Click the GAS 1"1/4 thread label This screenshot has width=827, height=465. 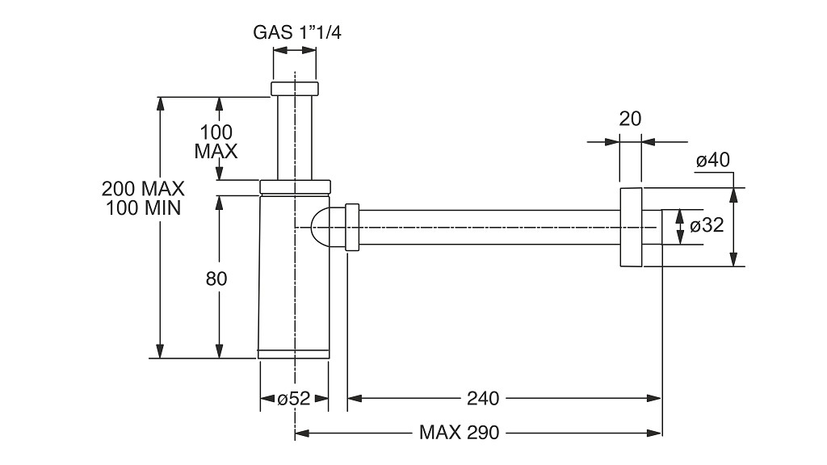297,32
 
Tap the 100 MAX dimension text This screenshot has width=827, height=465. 216,141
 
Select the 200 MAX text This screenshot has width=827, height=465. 143,188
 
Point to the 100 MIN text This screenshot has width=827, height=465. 143,207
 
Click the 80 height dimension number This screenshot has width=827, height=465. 216,279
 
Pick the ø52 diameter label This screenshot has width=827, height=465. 294,399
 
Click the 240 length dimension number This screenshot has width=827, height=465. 483,399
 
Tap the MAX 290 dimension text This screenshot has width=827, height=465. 459,433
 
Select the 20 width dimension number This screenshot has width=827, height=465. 630,119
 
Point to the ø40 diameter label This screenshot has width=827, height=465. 712,160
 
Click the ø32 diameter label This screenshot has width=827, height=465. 707,226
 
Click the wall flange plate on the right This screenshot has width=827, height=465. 631,227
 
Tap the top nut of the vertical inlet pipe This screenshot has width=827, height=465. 295,89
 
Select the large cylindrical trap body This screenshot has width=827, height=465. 294,277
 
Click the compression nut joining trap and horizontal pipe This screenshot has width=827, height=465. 352,227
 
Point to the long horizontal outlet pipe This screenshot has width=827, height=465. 489,227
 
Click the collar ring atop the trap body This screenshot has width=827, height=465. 295,187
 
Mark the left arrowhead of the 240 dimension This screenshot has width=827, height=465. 355,399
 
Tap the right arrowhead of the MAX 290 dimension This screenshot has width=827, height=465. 654,434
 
